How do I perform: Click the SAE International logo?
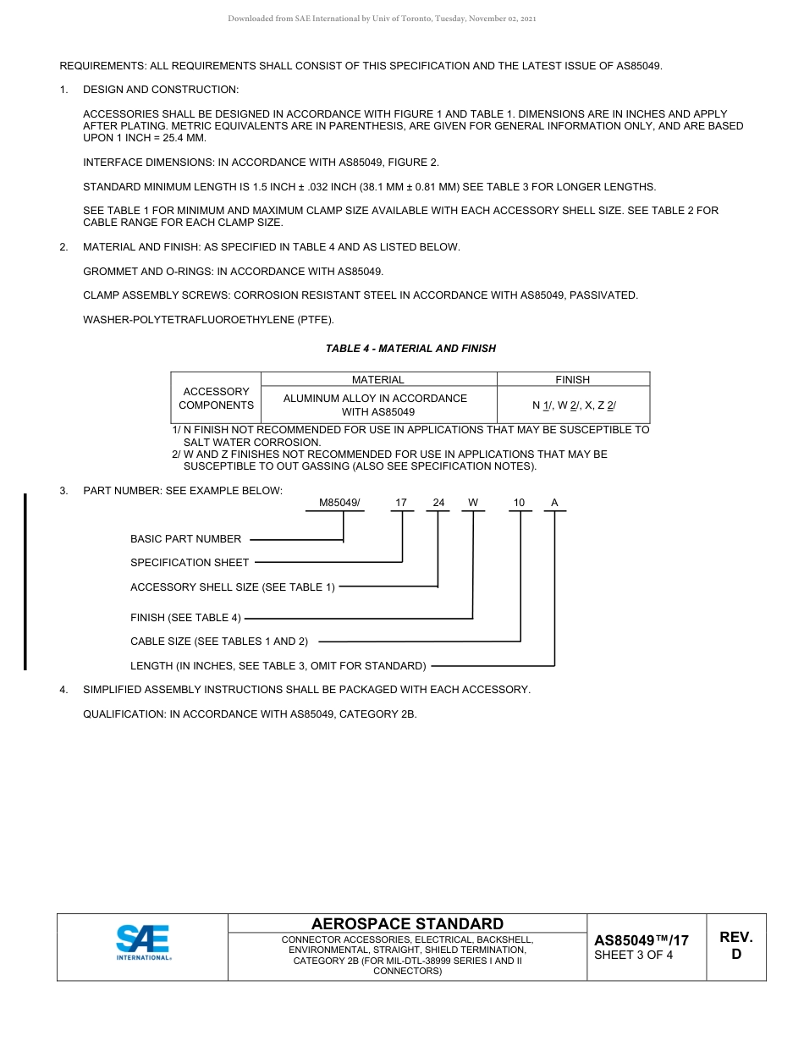(143, 942)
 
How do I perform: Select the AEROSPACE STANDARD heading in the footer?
(407, 923)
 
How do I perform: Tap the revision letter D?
(735, 955)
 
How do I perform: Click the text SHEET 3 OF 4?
(634, 956)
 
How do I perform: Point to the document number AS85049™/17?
(642, 940)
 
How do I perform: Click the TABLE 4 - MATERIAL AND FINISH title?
(410, 349)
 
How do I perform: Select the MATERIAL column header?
(378, 380)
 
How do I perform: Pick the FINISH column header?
(572, 380)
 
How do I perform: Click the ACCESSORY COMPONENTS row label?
(216, 399)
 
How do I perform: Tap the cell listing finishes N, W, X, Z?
(573, 405)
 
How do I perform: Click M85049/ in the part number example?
(339, 503)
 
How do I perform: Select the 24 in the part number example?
(438, 503)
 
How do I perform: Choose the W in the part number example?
(473, 503)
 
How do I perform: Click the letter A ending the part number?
(554, 503)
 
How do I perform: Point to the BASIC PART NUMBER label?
(185, 539)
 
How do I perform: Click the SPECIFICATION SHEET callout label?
(190, 563)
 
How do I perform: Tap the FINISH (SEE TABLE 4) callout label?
(185, 618)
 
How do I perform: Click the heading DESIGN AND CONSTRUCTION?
(161, 90)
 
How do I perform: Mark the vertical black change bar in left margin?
(25, 581)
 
